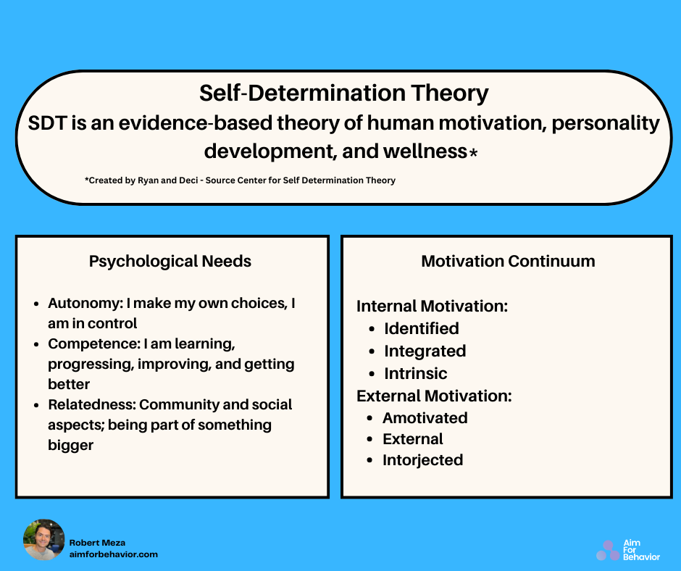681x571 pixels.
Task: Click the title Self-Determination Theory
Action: click(344, 93)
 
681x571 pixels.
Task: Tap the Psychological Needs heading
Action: click(170, 262)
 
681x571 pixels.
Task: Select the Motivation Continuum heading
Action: click(508, 262)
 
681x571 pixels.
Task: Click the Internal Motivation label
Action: click(432, 307)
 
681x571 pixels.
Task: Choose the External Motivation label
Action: click(434, 396)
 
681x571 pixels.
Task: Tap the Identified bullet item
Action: click(421, 329)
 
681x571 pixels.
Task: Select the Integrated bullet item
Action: click(425, 351)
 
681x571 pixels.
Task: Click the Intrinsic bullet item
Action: click(415, 374)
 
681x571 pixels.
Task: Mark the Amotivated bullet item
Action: click(425, 418)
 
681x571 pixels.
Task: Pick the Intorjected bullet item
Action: click(422, 460)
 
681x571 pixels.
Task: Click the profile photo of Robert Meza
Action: click(44, 540)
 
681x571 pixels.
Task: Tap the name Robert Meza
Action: click(98, 542)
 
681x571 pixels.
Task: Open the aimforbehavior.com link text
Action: click(113, 554)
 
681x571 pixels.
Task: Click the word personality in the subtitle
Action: click(606, 123)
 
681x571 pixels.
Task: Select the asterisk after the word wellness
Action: click(473, 153)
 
